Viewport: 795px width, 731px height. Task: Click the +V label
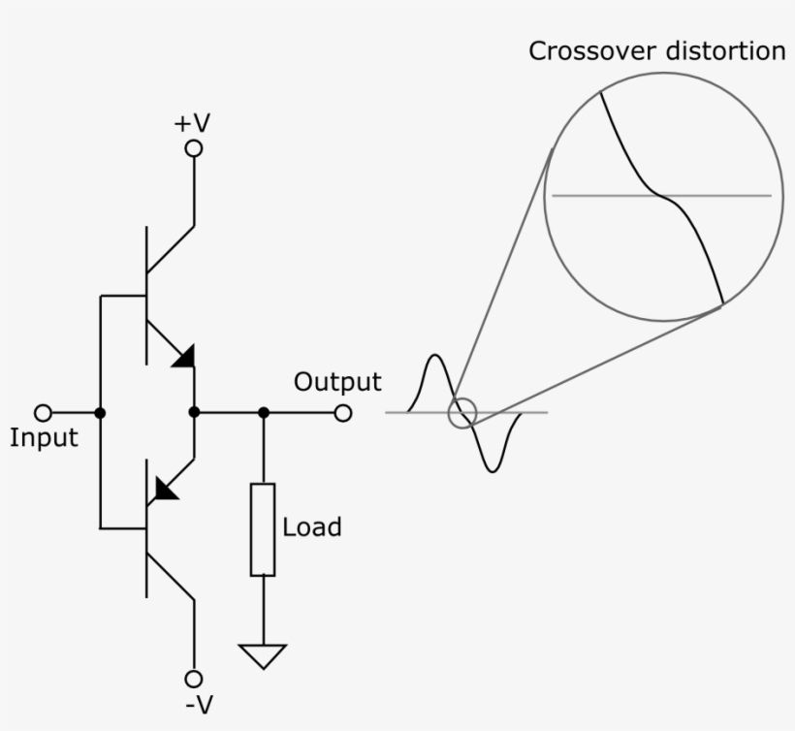click(x=192, y=123)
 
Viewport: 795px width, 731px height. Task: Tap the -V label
click(x=197, y=705)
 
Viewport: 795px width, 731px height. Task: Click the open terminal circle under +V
click(x=194, y=148)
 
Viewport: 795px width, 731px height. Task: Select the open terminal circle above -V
click(x=194, y=678)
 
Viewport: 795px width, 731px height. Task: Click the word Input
click(x=44, y=438)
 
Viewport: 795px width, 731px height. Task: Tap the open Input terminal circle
click(x=43, y=413)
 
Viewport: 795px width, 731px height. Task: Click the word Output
click(x=337, y=382)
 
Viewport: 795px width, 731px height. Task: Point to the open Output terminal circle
click(x=342, y=413)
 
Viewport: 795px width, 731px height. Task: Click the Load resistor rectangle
click(x=263, y=529)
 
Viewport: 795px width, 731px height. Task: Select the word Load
click(x=312, y=527)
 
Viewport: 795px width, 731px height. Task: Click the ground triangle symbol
click(x=263, y=655)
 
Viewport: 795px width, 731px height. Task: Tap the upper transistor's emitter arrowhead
click(x=182, y=356)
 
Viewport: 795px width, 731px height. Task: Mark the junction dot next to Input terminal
click(x=100, y=413)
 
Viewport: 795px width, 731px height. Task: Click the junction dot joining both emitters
click(x=194, y=413)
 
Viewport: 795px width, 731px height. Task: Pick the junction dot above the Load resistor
click(x=263, y=413)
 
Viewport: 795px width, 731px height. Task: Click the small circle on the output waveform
click(x=462, y=413)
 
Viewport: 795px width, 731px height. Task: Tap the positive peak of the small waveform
click(x=433, y=359)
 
